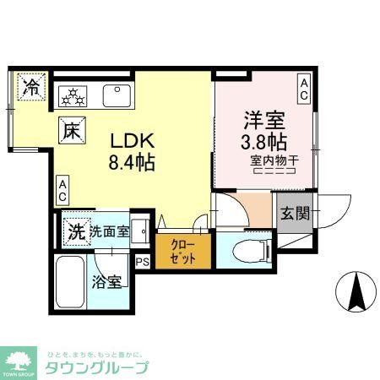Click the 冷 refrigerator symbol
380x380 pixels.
[x=30, y=86]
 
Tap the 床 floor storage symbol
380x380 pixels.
[x=70, y=131]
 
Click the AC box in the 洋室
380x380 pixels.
[x=304, y=84]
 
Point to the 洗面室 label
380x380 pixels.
[x=110, y=231]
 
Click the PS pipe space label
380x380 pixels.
[x=143, y=261]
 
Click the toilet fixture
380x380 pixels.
[x=253, y=250]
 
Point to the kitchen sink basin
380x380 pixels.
[x=116, y=95]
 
